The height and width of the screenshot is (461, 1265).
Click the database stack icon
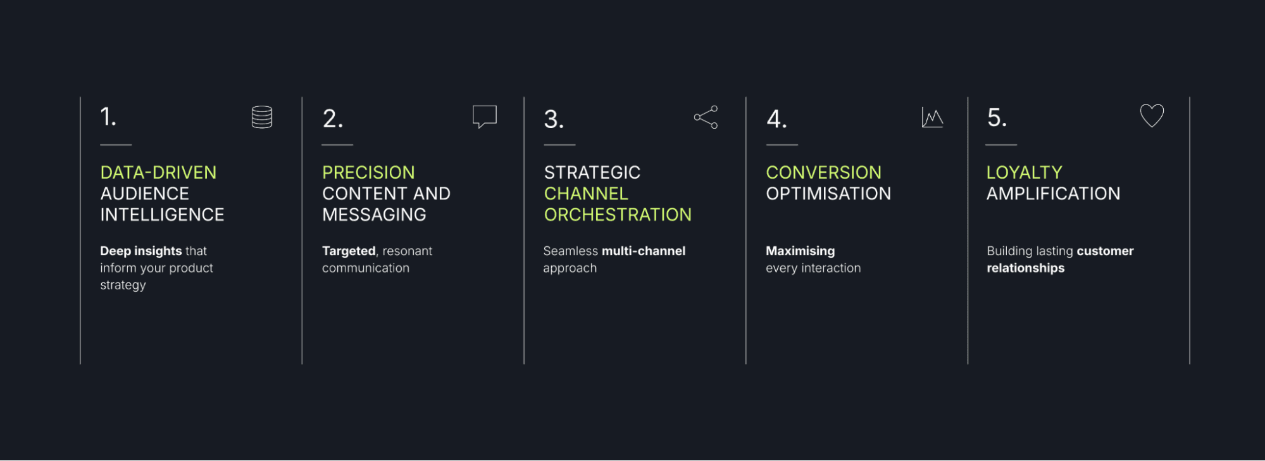[262, 117]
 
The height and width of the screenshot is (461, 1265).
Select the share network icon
[706, 117]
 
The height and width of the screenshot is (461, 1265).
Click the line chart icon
[932, 118]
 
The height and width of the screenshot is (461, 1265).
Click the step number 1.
[108, 117]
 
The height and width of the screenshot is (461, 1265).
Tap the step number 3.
[554, 119]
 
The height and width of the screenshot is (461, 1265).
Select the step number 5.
[997, 117]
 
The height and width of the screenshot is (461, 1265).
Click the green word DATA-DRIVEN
[158, 172]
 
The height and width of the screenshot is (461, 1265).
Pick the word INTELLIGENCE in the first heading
[162, 215]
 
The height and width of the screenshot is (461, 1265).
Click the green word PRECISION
[368, 172]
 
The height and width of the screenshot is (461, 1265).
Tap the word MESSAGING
[374, 215]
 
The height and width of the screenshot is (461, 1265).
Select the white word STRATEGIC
[592, 172]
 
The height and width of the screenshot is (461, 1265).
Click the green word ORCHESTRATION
[618, 215]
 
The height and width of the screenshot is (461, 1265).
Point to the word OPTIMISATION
[828, 194]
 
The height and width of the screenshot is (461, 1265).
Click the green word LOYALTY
[1025, 172]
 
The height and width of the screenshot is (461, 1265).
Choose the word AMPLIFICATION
[1054, 194]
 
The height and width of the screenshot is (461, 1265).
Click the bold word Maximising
[801, 251]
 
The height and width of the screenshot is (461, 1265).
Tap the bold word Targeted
[349, 251]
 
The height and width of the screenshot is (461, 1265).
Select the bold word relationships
[1026, 268]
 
